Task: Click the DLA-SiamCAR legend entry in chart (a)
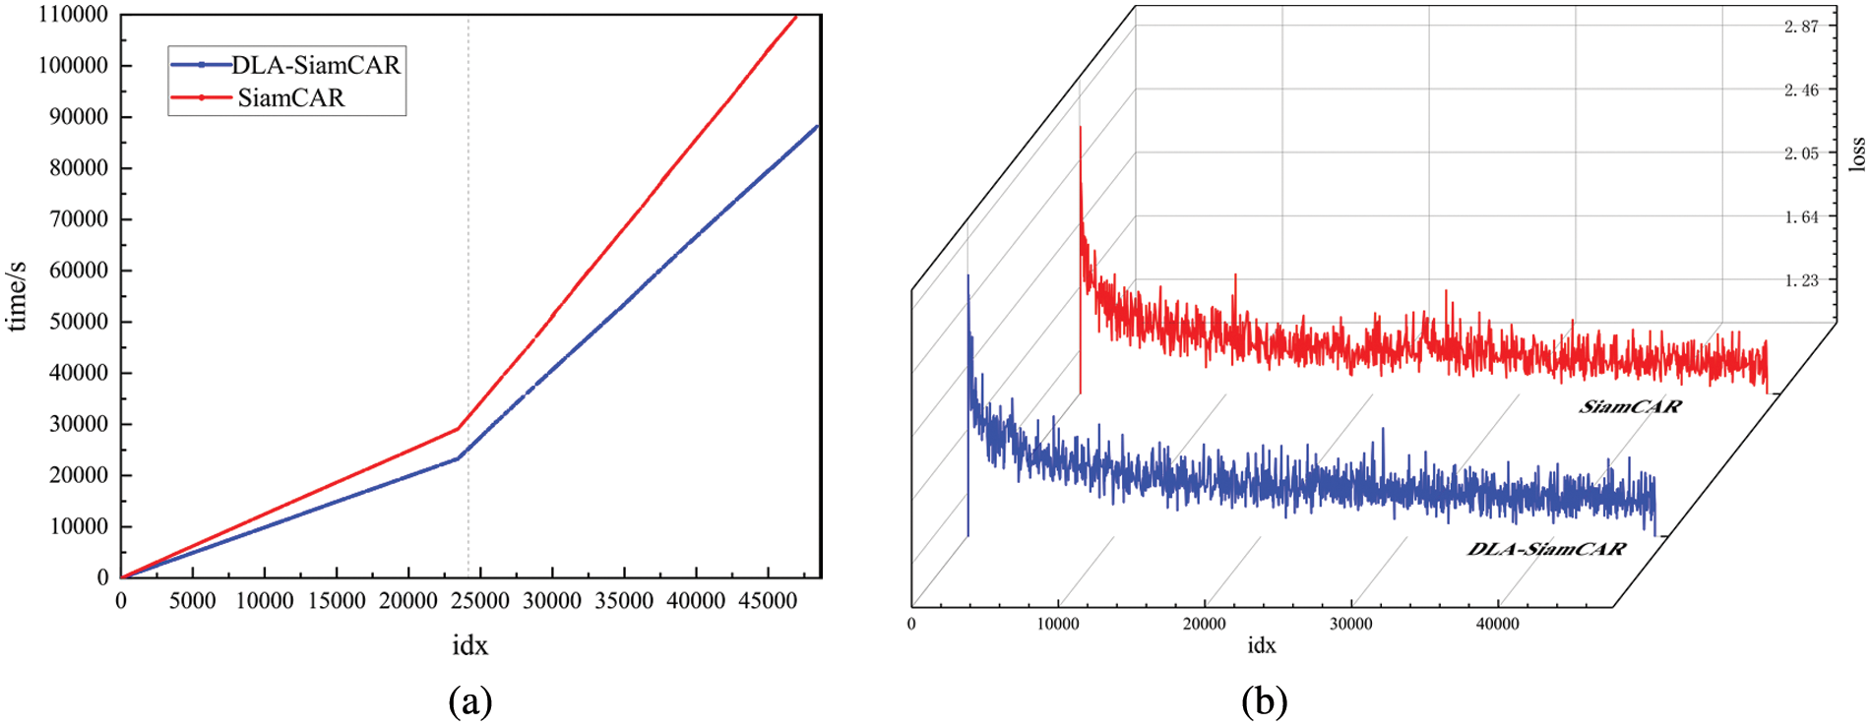click(315, 65)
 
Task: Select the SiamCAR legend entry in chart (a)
click(290, 98)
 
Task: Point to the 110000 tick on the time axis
click(74, 15)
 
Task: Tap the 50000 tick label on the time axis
click(79, 322)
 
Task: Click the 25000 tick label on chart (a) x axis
click(480, 601)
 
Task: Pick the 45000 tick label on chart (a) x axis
click(768, 601)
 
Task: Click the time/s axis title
click(17, 296)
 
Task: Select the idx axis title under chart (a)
click(469, 645)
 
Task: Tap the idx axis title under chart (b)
click(1262, 645)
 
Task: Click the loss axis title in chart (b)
click(1856, 153)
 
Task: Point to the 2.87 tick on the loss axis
click(1801, 27)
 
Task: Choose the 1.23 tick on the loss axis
click(1801, 280)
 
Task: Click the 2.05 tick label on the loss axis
click(1801, 153)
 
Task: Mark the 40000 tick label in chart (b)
click(1497, 624)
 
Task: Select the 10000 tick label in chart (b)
click(1058, 624)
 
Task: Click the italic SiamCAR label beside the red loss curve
click(1631, 406)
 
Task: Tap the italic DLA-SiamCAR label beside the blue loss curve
click(1546, 549)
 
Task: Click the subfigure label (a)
click(469, 701)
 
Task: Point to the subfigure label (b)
click(1264, 701)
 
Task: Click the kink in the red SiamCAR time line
click(459, 428)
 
